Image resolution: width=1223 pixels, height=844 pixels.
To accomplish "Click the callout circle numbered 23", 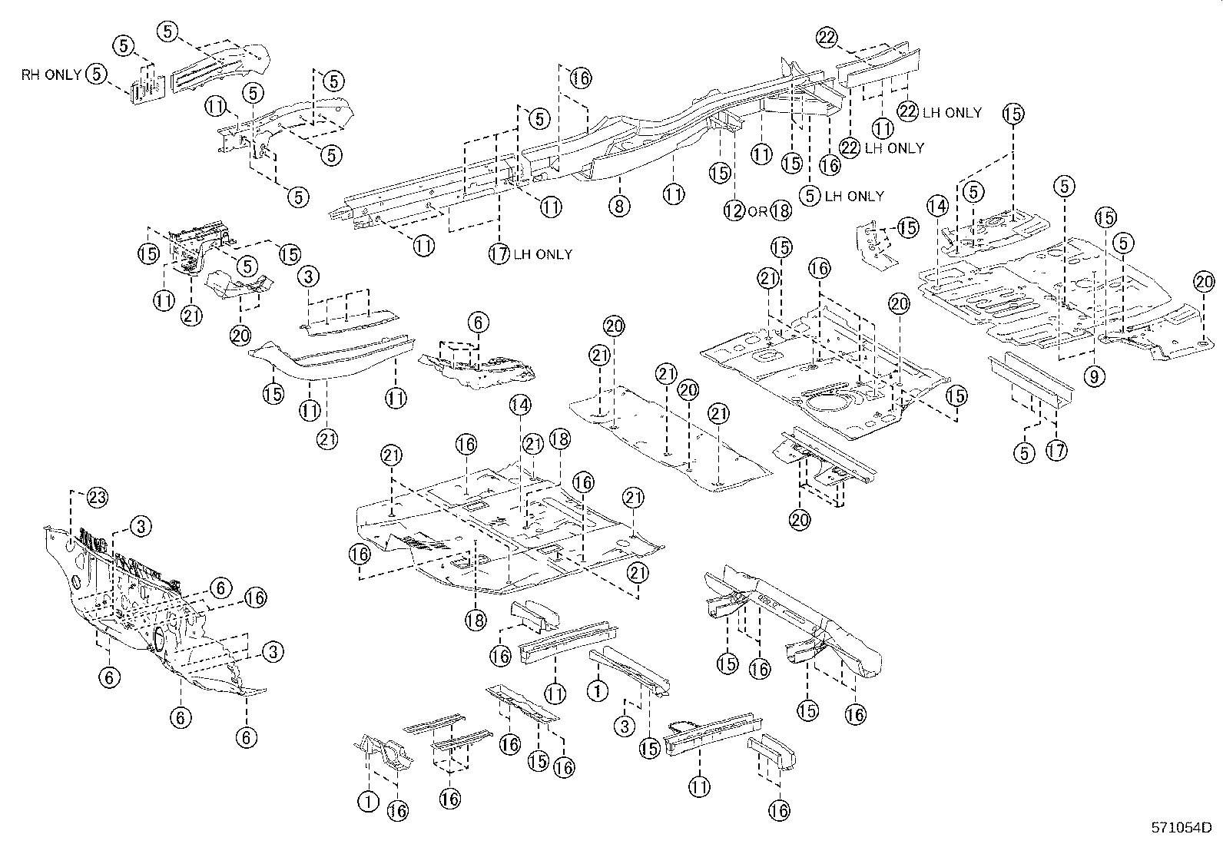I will [x=96, y=498].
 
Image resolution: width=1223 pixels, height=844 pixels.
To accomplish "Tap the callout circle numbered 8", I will [x=620, y=205].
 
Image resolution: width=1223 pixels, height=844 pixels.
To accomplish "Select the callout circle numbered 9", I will [x=1095, y=376].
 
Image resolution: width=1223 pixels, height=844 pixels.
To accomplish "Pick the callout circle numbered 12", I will [x=734, y=210].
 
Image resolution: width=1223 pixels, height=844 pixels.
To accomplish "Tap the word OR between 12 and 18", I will [x=757, y=211].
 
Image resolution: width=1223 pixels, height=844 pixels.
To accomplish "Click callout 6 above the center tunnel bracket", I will [x=477, y=323].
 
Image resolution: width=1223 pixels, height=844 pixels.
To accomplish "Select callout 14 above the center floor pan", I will [x=519, y=405].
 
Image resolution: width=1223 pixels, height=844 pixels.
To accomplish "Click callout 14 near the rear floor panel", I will [x=937, y=205].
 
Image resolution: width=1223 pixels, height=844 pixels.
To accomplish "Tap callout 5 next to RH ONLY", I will [x=96, y=74].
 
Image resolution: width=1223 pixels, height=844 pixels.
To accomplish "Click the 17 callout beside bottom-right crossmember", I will [x=1056, y=451].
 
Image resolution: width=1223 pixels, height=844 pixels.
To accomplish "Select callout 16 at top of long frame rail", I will [x=581, y=78].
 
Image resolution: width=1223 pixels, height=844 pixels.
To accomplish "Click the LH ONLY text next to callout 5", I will [x=855, y=196].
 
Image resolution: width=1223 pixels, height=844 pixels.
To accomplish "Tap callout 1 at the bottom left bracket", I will [x=368, y=802].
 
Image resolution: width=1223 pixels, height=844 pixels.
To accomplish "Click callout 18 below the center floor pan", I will [x=476, y=620].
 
